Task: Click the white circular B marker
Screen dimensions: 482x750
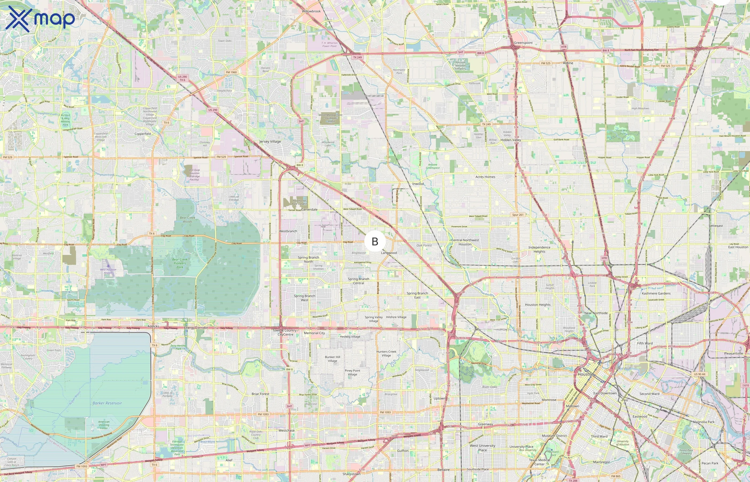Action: click(x=375, y=241)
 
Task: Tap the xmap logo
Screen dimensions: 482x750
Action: click(x=40, y=19)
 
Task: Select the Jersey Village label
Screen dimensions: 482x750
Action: click(x=270, y=141)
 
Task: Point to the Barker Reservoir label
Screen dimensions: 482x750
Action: click(x=107, y=403)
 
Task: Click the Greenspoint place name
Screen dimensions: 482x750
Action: click(x=523, y=43)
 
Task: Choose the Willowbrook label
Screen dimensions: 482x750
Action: click(x=311, y=11)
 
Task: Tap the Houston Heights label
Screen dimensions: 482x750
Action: click(x=538, y=304)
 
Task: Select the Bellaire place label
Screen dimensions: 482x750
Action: click(x=444, y=469)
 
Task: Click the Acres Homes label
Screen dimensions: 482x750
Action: click(x=485, y=177)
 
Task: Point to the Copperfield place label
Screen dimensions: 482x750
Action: click(x=142, y=134)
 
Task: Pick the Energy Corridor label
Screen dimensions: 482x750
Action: click(x=196, y=328)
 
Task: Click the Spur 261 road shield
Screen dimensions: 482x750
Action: click(x=517, y=215)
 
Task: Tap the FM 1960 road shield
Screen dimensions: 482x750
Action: click(x=231, y=72)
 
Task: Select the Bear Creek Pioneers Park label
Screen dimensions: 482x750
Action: click(x=180, y=263)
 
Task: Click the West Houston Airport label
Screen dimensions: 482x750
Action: click(x=108, y=271)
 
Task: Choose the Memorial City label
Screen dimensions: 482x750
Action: click(x=314, y=333)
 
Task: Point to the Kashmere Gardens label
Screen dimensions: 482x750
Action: click(x=656, y=293)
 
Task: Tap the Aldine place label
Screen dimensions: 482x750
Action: click(x=568, y=63)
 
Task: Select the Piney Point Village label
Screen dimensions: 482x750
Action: click(x=352, y=372)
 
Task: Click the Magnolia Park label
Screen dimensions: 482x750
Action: click(x=703, y=422)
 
